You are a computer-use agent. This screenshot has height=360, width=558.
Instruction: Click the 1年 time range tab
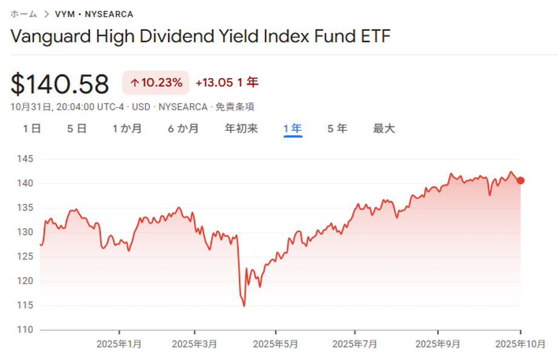pyautogui.click(x=293, y=128)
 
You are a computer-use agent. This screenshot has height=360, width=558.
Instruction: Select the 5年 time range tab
pyautogui.click(x=337, y=128)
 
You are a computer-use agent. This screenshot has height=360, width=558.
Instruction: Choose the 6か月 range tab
pyautogui.click(x=183, y=128)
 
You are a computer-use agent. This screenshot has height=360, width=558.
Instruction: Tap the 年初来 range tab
pyautogui.click(x=241, y=128)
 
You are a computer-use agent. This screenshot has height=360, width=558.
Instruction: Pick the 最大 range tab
pyautogui.click(x=384, y=128)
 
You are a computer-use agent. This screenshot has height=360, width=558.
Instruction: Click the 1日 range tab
pyautogui.click(x=32, y=128)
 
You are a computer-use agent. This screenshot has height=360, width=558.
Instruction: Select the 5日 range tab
pyautogui.click(x=77, y=128)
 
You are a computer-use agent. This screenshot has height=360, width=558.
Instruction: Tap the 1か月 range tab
pyautogui.click(x=127, y=128)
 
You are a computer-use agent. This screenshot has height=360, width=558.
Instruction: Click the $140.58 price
pyautogui.click(x=60, y=84)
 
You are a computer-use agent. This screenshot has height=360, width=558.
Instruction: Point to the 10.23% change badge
pyautogui.click(x=156, y=83)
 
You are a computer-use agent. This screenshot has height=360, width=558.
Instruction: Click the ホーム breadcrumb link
pyautogui.click(x=24, y=14)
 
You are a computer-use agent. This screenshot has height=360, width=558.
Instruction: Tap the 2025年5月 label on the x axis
pyautogui.click(x=275, y=344)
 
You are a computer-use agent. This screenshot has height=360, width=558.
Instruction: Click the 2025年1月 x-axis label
pyautogui.click(x=119, y=344)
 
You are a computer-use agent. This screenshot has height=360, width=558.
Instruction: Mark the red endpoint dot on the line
pyautogui.click(x=521, y=180)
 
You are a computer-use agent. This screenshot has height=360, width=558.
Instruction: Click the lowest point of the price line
pyautogui.click(x=244, y=306)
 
